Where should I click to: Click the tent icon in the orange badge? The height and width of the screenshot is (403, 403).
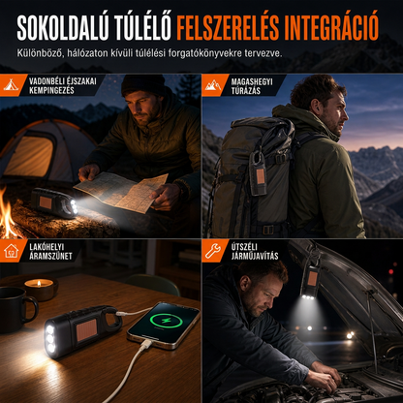point(11,84)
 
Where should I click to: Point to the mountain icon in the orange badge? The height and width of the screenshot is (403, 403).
point(213,85)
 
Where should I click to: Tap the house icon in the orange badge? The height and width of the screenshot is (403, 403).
point(12,251)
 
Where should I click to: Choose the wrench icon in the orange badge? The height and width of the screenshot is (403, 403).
point(213,251)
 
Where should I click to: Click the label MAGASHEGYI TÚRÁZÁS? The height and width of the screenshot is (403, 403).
point(252,86)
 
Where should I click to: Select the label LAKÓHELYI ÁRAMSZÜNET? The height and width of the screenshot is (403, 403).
point(50,252)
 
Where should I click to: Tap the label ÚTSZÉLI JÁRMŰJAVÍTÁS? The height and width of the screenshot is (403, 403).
point(255,252)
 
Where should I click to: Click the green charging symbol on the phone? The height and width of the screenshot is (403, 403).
point(167,322)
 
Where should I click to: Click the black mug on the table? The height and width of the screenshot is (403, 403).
point(17,310)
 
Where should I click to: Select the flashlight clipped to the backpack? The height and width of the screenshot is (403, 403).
point(258,173)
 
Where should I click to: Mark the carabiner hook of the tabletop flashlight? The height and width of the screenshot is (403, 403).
point(112,318)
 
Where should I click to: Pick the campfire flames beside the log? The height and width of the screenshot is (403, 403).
point(7,213)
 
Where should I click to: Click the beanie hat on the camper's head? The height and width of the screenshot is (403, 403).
point(143,84)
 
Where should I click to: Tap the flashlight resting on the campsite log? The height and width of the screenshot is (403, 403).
point(54,202)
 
